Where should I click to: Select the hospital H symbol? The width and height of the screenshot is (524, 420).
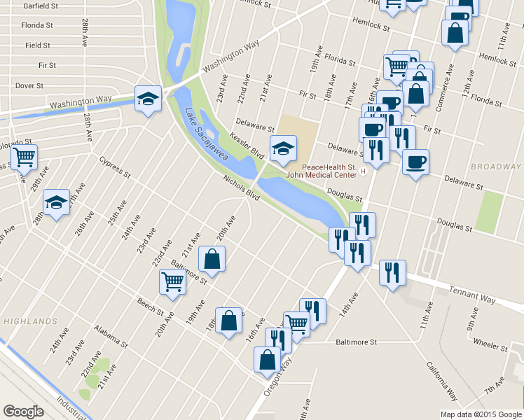[363, 171]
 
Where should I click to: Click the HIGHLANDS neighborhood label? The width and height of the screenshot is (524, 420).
[29, 321]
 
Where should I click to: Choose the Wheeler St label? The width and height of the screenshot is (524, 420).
[490, 344]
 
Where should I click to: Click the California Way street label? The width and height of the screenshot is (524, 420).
[443, 381]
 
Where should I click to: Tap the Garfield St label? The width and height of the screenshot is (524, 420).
[40, 6]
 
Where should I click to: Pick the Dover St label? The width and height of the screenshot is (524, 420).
[29, 85]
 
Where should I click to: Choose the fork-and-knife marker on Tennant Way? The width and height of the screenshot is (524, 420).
[392, 271]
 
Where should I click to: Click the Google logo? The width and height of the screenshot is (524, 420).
[24, 412]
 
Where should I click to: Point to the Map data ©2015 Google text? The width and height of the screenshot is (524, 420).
[481, 414]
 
